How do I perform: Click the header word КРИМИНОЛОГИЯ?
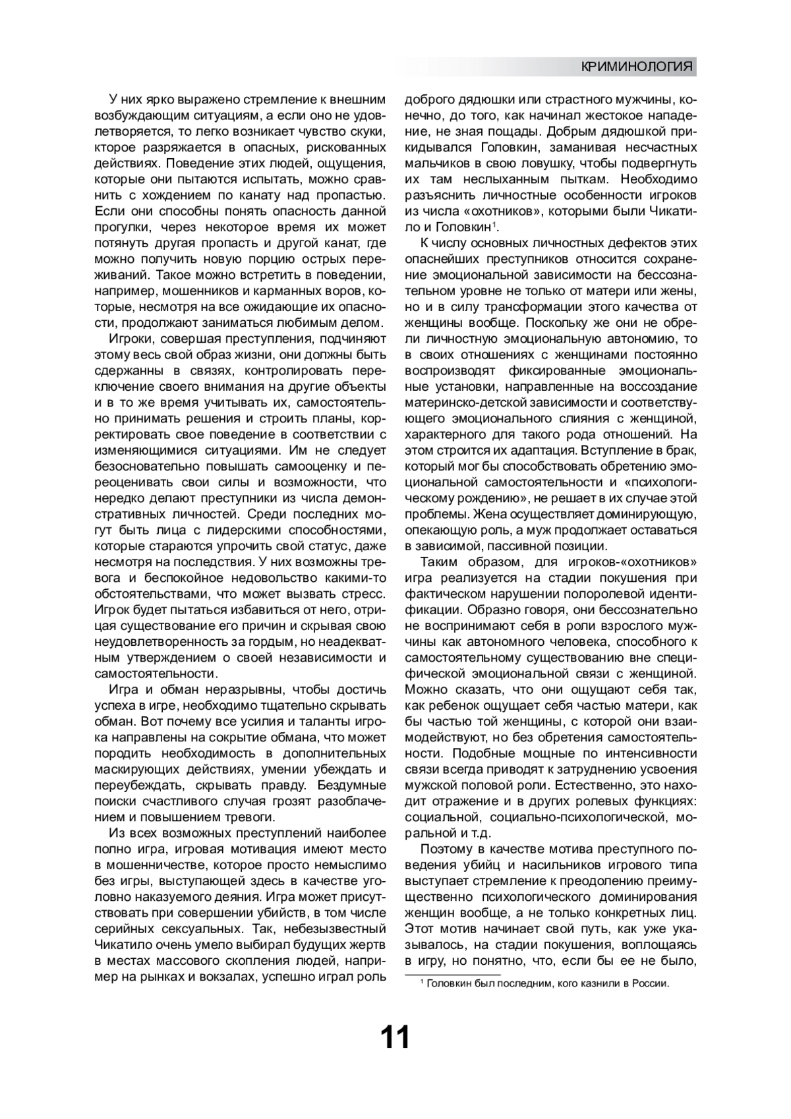point(637,67)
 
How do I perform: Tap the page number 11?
point(395,1037)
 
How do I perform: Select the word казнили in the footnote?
point(592,984)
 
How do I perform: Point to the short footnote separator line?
point(452,975)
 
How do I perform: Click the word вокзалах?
point(231,977)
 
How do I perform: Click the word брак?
point(683,450)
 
